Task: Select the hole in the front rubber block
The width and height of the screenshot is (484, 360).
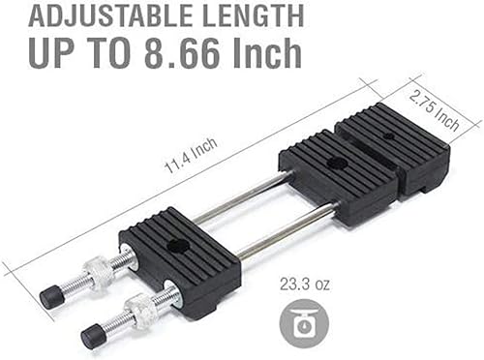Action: click(x=177, y=247)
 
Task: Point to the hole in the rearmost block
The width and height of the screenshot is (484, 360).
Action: click(x=389, y=136)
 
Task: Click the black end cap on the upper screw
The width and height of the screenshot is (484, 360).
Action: click(x=51, y=296)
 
